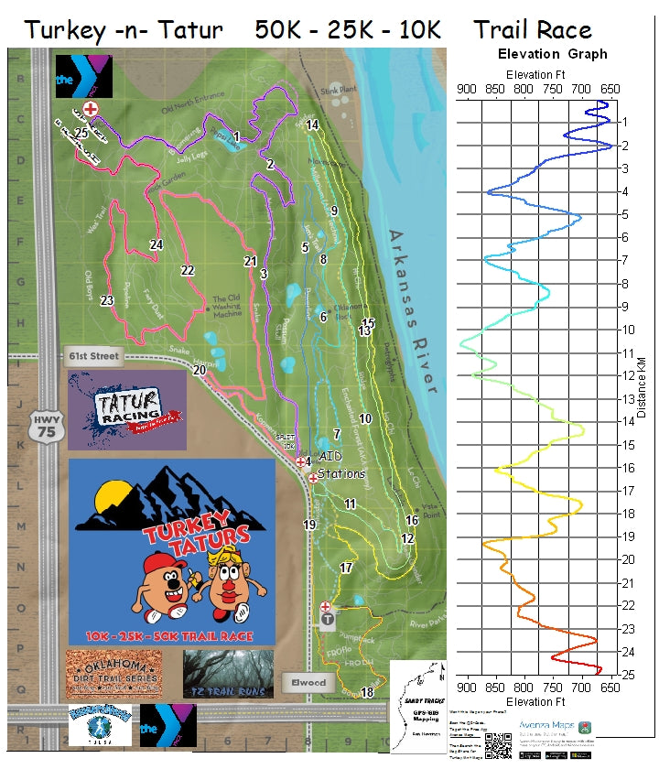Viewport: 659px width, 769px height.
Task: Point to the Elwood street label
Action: click(x=309, y=682)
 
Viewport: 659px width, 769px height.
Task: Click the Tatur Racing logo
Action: click(x=127, y=409)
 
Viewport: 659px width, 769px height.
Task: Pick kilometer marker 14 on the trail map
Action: click(x=312, y=125)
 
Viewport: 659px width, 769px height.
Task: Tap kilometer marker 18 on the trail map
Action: click(x=367, y=693)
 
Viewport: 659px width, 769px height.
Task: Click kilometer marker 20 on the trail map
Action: click(x=200, y=370)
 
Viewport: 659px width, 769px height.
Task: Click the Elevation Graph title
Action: click(x=552, y=54)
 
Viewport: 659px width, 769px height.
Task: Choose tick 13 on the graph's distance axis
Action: click(x=622, y=399)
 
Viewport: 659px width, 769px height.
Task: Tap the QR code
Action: click(x=497, y=745)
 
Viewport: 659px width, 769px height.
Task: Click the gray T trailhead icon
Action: click(x=327, y=620)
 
